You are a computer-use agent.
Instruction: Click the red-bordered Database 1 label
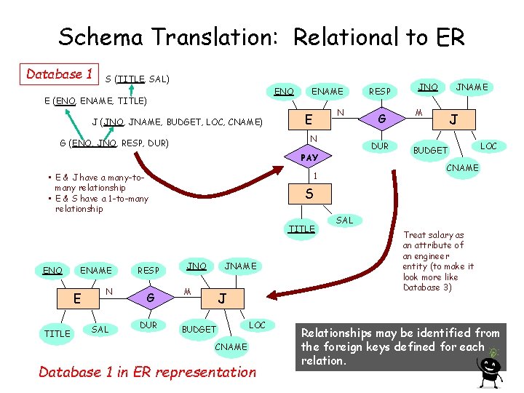coord(60,74)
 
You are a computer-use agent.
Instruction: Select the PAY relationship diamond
coord(310,157)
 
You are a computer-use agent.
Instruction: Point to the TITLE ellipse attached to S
coord(302,229)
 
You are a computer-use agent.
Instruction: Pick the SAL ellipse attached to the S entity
coord(345,220)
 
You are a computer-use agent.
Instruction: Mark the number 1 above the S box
coord(314,176)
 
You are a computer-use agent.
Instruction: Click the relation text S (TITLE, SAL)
coord(138,79)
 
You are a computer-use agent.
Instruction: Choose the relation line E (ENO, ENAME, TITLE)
coord(96,100)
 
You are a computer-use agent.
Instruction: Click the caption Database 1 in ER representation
coord(147,372)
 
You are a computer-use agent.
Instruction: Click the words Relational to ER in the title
coord(378,36)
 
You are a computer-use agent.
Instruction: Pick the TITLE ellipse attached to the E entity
coord(57,333)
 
